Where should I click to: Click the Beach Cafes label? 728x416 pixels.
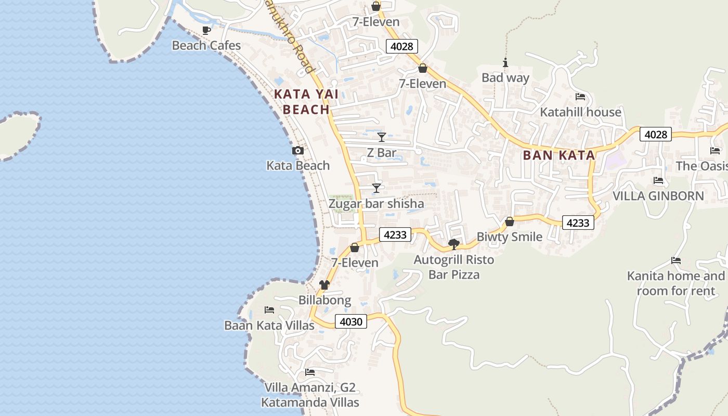tap(206, 46)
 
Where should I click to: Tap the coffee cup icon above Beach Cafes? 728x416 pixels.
tap(206, 30)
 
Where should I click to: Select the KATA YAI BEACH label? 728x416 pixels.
tap(306, 102)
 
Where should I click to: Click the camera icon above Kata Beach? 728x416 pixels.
tap(298, 151)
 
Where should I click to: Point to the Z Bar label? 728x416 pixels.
tap(382, 153)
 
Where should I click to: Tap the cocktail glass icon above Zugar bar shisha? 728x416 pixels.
tap(376, 188)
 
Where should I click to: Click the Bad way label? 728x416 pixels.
tap(505, 78)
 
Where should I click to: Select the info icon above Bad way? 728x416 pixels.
tap(505, 63)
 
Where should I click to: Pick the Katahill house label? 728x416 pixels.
tap(580, 112)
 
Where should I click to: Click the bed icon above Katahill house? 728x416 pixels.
tap(580, 97)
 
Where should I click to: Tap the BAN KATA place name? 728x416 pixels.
tap(559, 155)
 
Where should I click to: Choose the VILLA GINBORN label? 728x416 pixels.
tap(658, 196)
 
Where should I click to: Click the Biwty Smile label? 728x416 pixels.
tap(510, 237)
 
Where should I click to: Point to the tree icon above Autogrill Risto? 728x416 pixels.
tap(454, 244)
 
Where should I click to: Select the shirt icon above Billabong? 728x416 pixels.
tap(324, 285)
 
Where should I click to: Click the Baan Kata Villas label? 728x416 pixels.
tap(269, 326)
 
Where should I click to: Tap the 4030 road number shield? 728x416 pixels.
tap(351, 322)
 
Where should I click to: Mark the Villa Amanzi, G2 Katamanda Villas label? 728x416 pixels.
tap(310, 395)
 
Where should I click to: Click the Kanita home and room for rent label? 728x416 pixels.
tap(676, 283)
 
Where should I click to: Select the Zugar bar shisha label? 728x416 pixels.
tap(376, 204)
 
